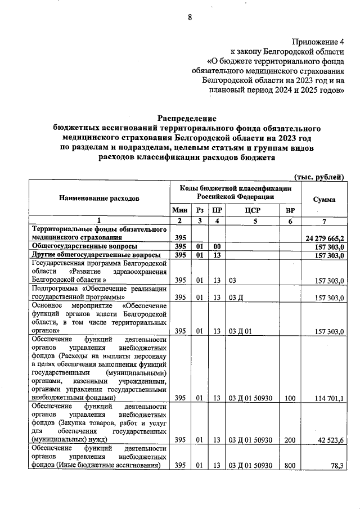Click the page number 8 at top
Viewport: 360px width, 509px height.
190,17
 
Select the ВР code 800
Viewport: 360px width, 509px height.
289,465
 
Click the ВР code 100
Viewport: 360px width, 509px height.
289,398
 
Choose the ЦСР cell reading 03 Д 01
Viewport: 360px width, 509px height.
241,331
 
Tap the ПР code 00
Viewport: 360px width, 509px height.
217,247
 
